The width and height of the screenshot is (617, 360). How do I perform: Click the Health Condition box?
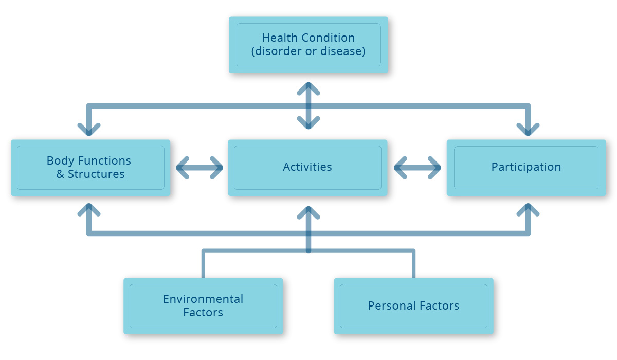(308, 45)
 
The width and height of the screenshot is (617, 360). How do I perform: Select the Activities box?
(307, 168)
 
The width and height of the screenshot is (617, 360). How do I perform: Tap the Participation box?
(527, 168)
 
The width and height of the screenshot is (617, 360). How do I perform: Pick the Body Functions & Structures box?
(90, 168)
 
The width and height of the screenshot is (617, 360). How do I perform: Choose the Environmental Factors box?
(203, 306)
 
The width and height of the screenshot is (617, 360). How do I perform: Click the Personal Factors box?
(414, 306)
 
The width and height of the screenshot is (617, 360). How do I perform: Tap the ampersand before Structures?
(60, 174)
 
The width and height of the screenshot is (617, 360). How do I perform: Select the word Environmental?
(203, 299)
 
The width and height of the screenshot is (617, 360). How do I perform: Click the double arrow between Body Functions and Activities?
(199, 168)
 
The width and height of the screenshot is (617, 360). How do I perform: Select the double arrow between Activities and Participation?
(418, 168)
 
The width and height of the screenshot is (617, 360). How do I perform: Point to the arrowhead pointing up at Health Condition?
(308, 88)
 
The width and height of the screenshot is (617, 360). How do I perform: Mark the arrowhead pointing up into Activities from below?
(308, 212)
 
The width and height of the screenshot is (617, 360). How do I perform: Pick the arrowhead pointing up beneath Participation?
(528, 210)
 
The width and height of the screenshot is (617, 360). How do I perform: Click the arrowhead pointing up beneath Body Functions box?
(89, 210)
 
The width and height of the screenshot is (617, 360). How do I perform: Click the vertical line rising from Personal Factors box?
(414, 264)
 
